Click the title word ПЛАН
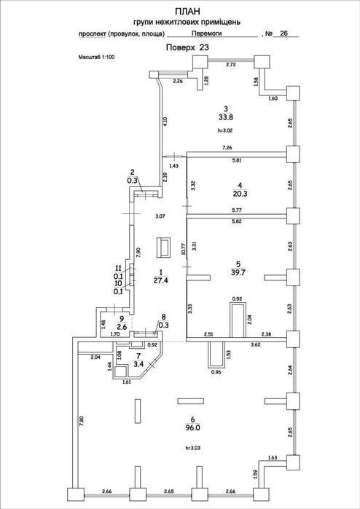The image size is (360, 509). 187,12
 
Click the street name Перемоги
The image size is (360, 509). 207,33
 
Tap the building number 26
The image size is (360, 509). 283,33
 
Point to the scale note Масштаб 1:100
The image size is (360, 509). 97,57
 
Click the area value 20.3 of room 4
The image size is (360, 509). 240,194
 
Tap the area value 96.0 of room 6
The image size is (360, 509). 192,428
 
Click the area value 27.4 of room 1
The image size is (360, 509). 160,280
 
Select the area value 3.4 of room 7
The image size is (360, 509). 138,364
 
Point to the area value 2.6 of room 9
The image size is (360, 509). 122,326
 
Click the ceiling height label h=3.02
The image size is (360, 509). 225,130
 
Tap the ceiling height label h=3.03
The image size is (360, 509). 192,448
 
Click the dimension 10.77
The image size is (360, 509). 183,249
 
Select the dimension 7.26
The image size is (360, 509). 227,148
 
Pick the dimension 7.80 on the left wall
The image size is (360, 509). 82,421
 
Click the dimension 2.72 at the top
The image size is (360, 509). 231,65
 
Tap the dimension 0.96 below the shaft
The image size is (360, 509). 216,372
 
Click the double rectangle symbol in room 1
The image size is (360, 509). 163,248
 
